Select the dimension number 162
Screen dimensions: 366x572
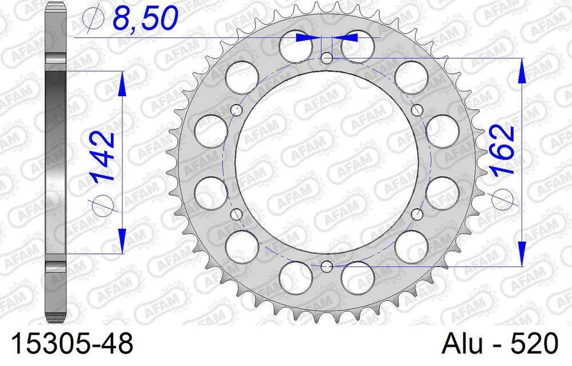tap(502, 150)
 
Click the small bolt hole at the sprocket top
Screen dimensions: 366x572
tap(326, 58)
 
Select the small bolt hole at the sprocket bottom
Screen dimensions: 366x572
tap(326, 266)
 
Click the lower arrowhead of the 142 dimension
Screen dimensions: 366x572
tap(121, 240)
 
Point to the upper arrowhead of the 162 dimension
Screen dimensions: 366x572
tap(522, 72)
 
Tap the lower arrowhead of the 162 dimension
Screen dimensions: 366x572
tap(522, 252)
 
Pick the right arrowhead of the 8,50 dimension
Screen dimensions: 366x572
tap(347, 37)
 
